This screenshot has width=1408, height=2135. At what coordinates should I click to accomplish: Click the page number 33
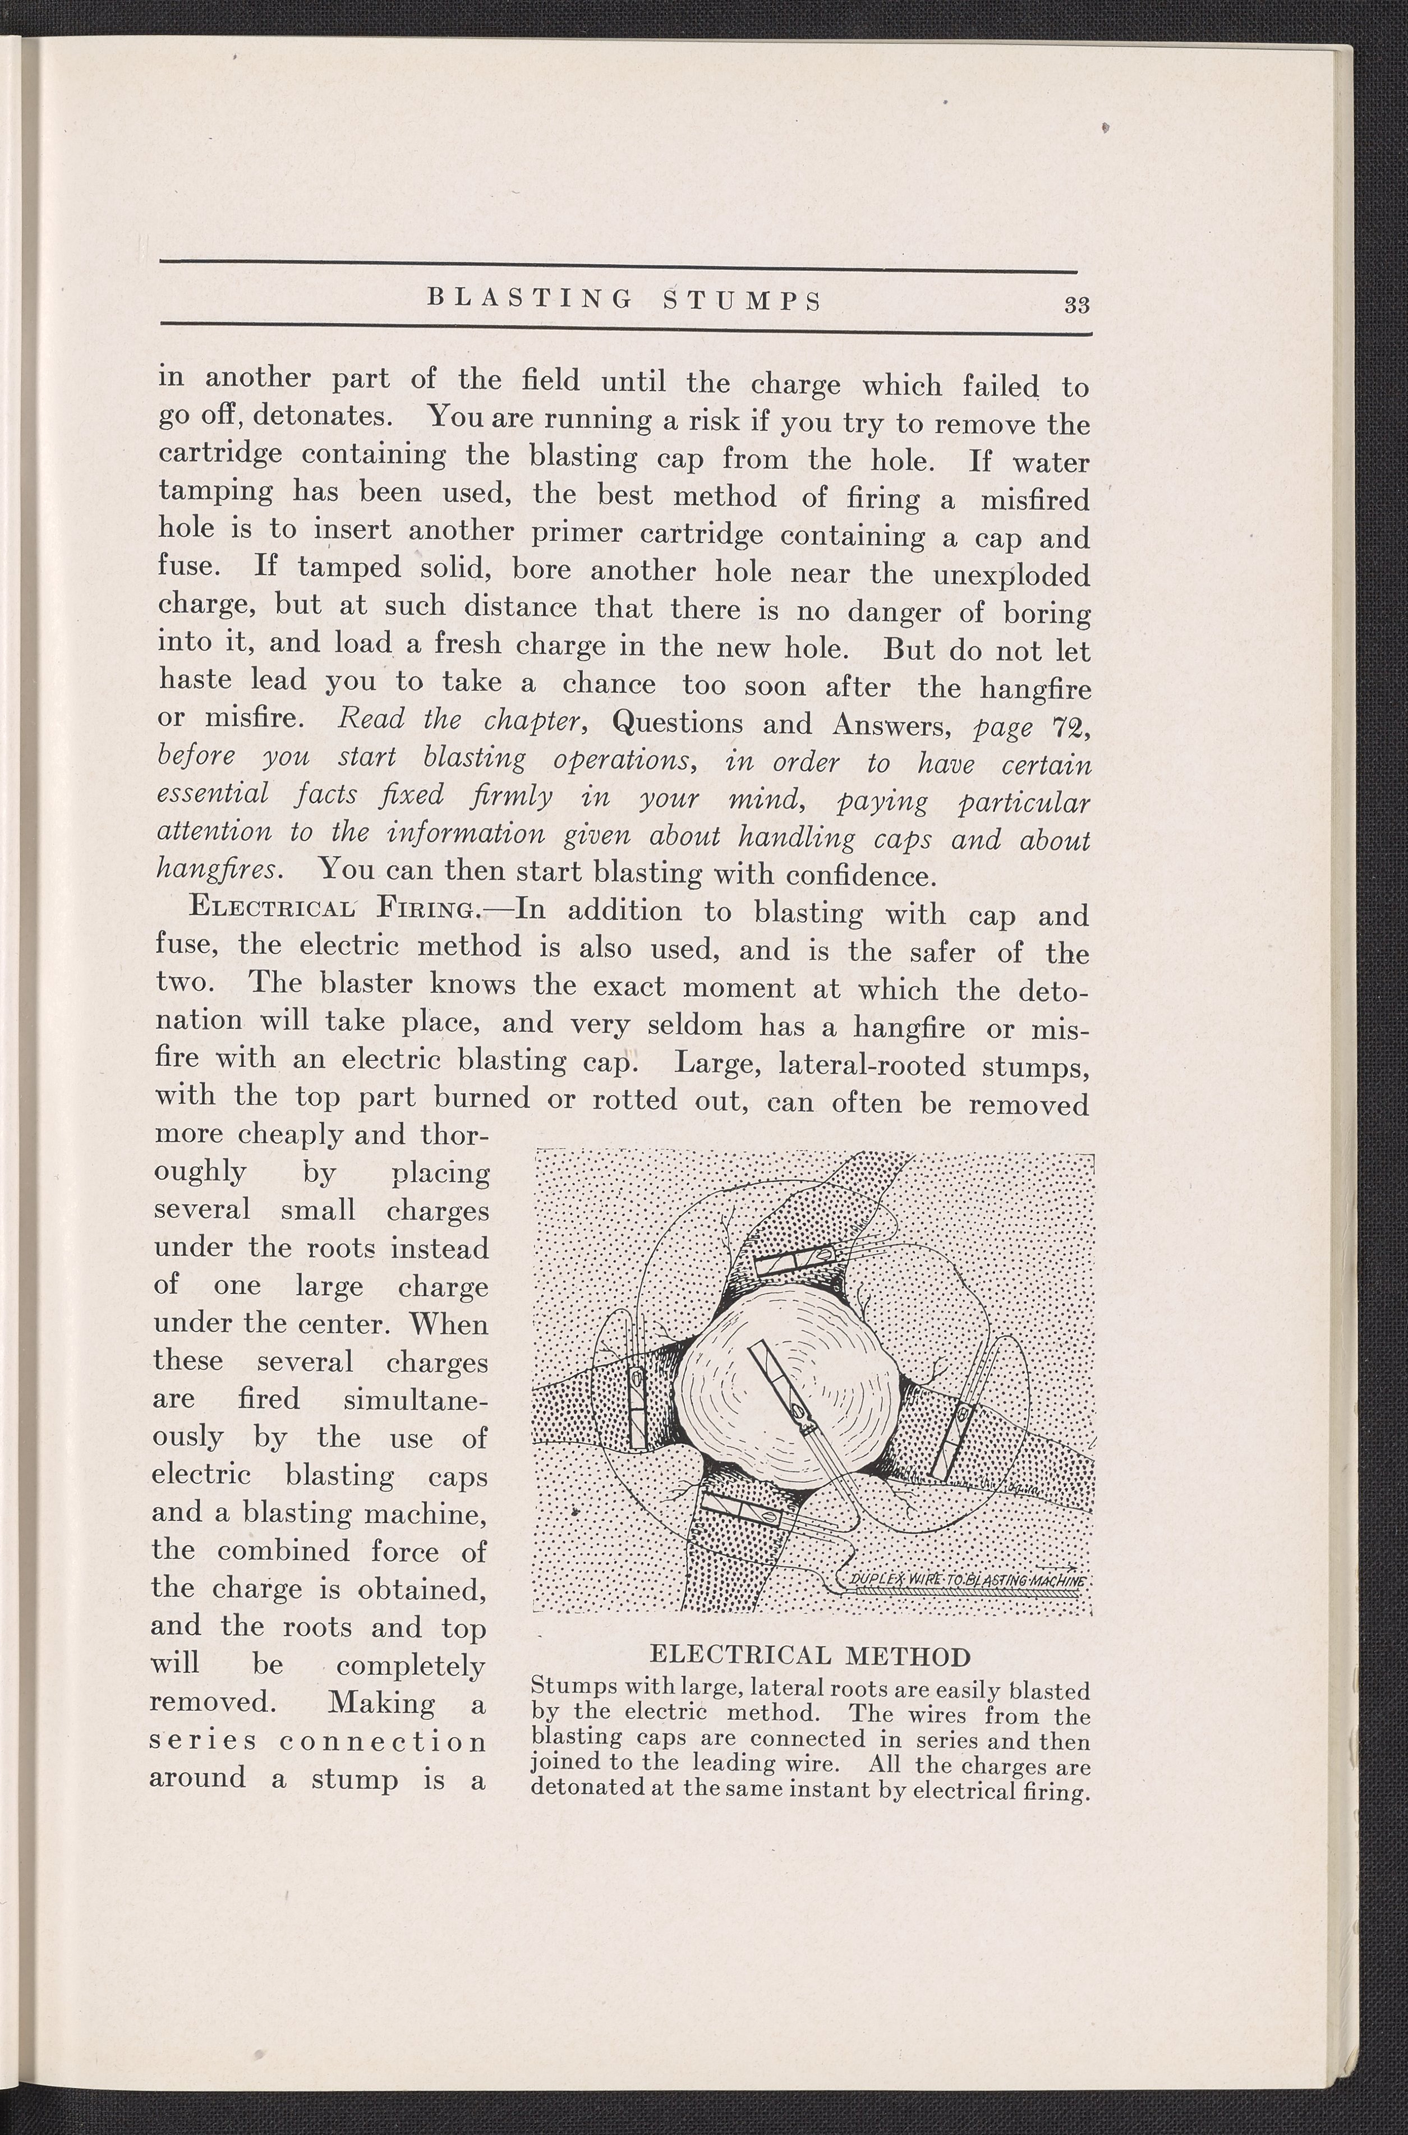(1076, 305)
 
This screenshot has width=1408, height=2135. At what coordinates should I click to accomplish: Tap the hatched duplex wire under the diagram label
(970, 1593)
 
